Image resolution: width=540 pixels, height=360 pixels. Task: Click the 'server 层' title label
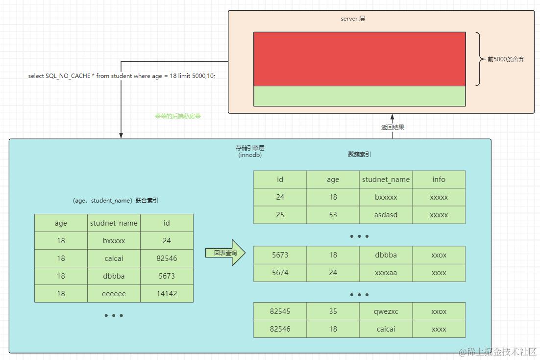[353, 19]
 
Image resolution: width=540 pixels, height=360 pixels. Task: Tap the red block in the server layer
[359, 59]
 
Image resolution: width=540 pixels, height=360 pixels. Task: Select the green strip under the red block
[359, 96]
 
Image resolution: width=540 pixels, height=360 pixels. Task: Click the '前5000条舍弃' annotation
[506, 59]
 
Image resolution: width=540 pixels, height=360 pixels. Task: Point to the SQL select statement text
[122, 76]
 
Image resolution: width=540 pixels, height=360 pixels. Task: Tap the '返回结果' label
[393, 127]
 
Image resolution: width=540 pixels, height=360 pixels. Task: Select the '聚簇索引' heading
[359, 154]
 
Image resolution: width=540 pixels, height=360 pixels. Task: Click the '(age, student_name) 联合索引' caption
[115, 200]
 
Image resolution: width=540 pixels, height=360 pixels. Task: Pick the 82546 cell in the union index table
[167, 258]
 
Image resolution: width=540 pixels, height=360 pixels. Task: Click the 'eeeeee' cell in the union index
[114, 293]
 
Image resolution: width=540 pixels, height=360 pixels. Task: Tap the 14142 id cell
[167, 293]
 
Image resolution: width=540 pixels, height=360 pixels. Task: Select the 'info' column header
[439, 180]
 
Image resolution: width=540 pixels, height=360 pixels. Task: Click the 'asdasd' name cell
[386, 215]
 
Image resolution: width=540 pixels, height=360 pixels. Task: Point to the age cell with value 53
[333, 215]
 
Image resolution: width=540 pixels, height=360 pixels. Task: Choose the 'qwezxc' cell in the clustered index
[386, 311]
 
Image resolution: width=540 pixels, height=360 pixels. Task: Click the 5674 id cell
[280, 273]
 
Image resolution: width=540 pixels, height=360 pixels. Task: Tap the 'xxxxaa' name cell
[386, 273]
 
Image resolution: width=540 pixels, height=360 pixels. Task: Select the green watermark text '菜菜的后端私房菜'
[178, 116]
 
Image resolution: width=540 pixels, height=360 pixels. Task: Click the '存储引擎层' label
[250, 148]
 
